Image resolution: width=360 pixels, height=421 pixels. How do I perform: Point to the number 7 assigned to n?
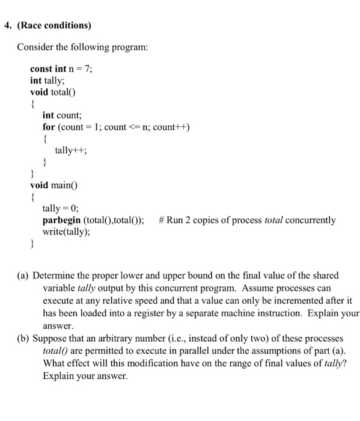(x=88, y=69)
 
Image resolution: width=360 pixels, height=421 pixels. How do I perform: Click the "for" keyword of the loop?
(x=49, y=127)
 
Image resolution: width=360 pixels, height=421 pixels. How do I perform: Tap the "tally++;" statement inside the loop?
(x=71, y=150)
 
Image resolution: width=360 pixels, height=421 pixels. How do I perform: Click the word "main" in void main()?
(x=63, y=185)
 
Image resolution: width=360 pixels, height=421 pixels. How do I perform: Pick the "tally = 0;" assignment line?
(x=61, y=208)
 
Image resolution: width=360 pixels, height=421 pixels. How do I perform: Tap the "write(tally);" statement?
(x=66, y=232)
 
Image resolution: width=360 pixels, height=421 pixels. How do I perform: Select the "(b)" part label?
(x=23, y=339)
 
